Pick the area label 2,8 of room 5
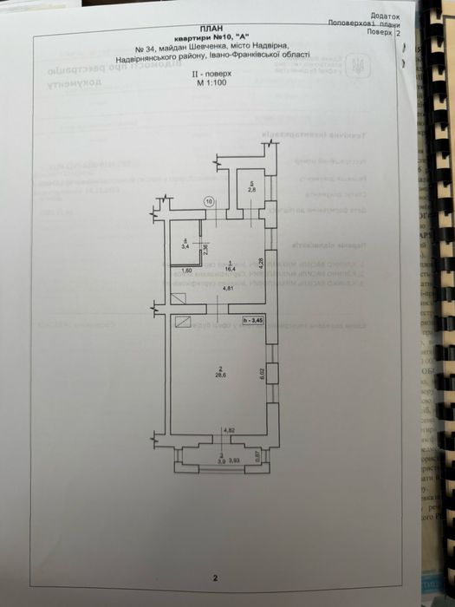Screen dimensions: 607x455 (252, 188)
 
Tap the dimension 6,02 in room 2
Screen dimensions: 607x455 (261, 374)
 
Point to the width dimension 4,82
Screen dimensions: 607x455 (229, 430)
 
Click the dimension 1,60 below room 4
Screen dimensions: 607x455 (186, 271)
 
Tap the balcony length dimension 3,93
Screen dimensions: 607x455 (234, 460)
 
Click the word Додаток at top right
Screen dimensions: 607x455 (385, 16)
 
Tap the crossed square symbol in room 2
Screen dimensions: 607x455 (182, 321)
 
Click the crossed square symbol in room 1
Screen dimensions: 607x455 (179, 298)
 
